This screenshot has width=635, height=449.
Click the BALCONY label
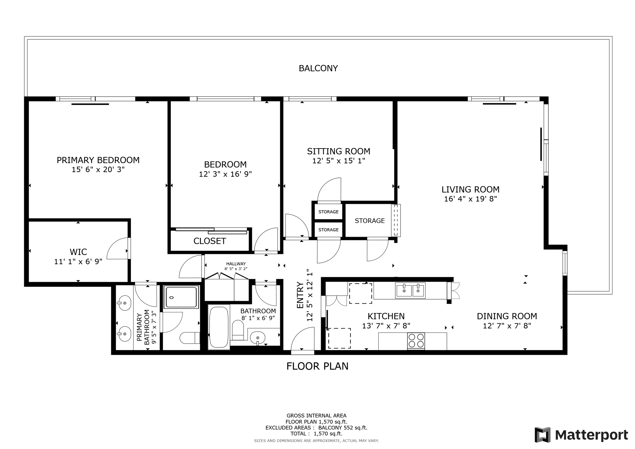(x=318, y=68)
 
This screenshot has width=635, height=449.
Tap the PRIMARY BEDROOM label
(x=98, y=160)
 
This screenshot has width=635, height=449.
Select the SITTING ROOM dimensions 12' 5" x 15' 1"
(x=339, y=161)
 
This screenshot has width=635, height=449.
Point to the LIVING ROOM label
(x=470, y=189)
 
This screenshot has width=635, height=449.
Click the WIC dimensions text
(x=78, y=262)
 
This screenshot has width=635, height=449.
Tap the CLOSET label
(x=210, y=241)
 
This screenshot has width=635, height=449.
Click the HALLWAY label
(x=236, y=264)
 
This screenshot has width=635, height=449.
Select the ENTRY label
(x=300, y=295)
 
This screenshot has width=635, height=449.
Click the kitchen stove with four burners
(x=416, y=341)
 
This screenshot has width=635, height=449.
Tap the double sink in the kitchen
(x=410, y=291)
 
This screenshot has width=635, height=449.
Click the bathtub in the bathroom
(x=219, y=327)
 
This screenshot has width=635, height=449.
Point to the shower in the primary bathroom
(x=181, y=297)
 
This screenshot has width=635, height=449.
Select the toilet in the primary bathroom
(x=190, y=338)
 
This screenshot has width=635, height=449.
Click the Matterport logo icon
(x=543, y=435)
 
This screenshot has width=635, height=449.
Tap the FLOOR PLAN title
(x=317, y=366)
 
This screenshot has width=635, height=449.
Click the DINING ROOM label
(x=507, y=316)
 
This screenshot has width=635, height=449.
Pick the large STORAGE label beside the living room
(x=370, y=221)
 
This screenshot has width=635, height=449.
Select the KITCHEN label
(x=386, y=316)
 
